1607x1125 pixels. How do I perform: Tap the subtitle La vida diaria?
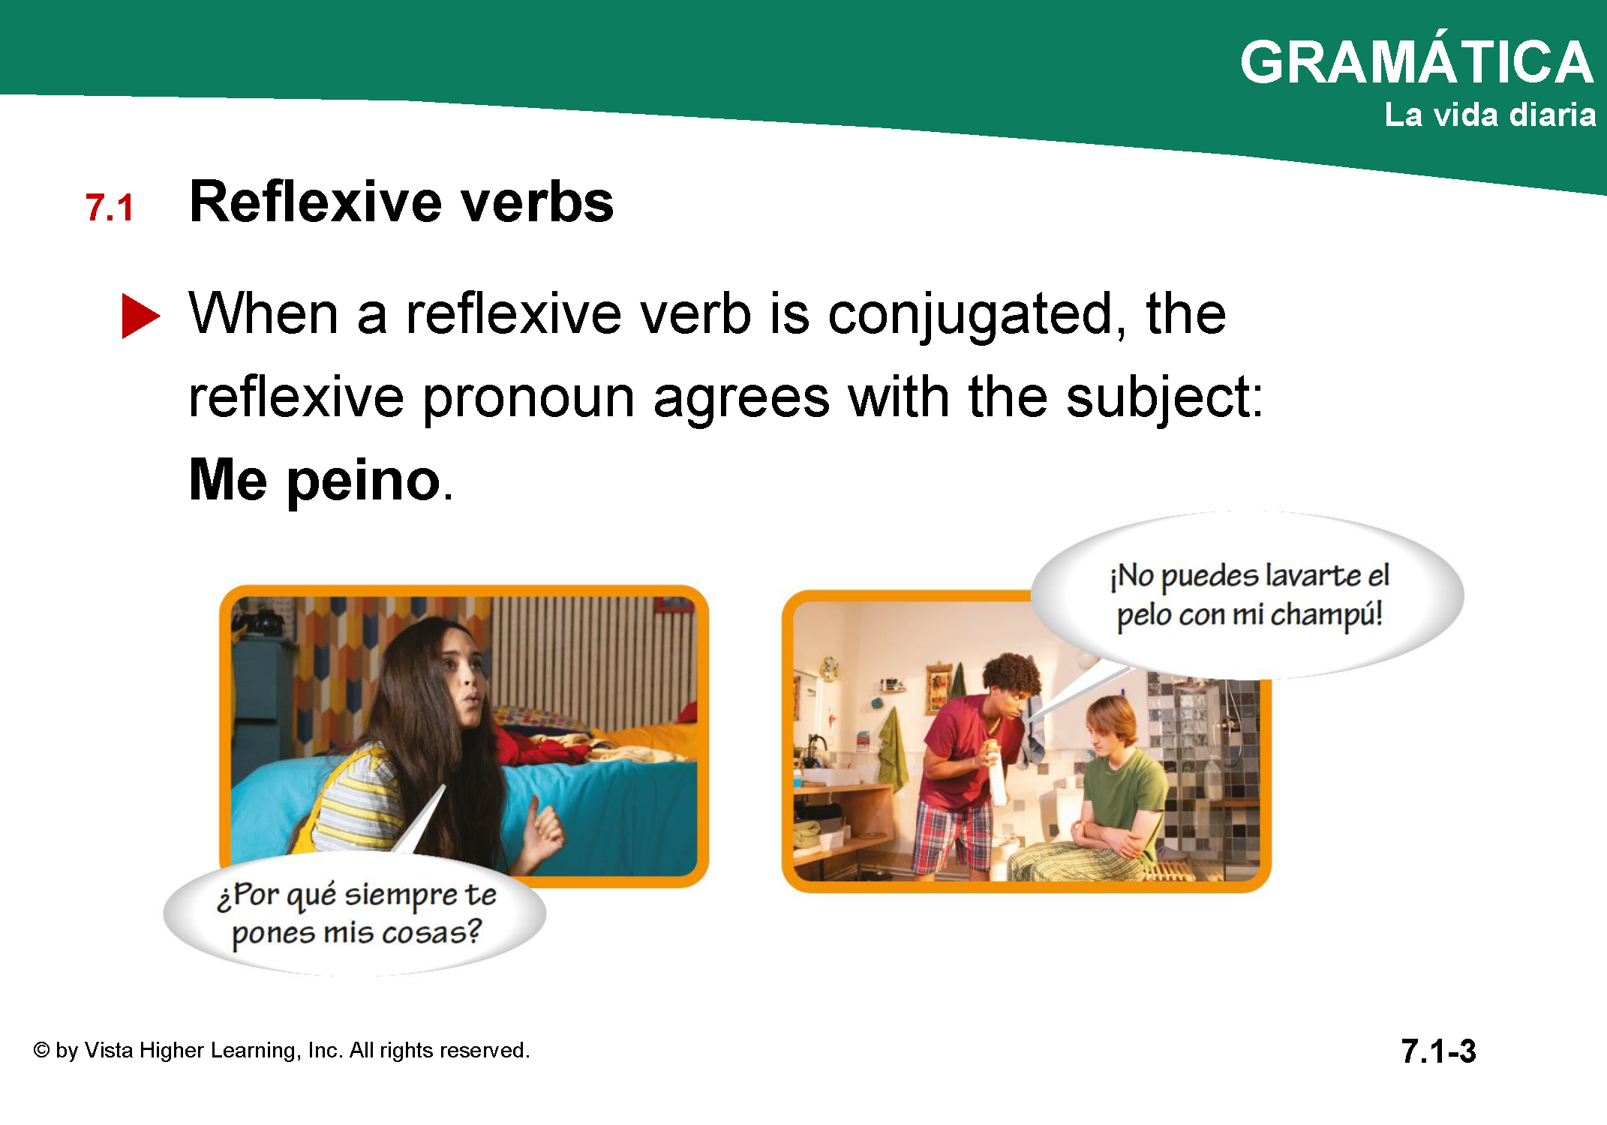pyautogui.click(x=1490, y=115)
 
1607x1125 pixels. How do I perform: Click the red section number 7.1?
pyautogui.click(x=110, y=208)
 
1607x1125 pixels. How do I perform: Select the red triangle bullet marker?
pyautogui.click(x=140, y=316)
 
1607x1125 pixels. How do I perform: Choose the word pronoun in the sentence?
pyautogui.click(x=529, y=400)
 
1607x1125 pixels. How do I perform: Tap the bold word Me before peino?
pyautogui.click(x=228, y=479)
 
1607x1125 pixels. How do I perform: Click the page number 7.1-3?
pyautogui.click(x=1438, y=1051)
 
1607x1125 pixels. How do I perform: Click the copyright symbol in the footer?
pyautogui.click(x=41, y=1051)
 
